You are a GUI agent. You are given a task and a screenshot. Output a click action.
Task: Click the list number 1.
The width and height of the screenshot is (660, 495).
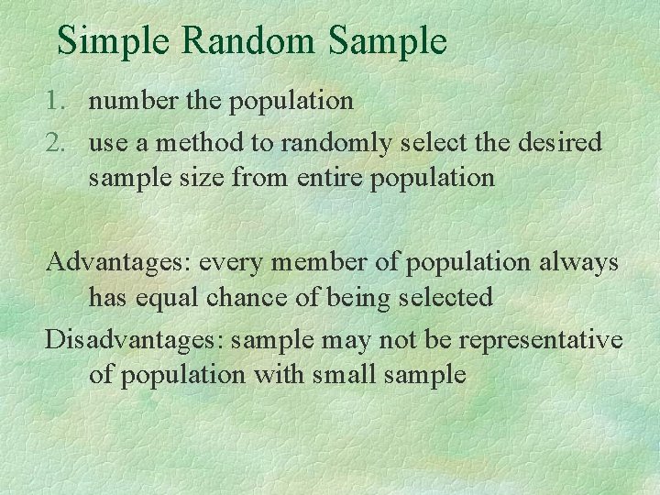click(54, 100)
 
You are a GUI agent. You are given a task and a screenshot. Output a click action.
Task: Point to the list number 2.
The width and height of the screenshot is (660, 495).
click(54, 142)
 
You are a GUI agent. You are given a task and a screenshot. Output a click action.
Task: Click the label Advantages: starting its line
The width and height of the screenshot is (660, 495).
click(118, 262)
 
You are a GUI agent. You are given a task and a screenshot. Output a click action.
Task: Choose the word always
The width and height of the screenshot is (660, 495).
click(580, 263)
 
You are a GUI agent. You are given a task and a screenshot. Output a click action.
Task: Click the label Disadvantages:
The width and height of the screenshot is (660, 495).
click(135, 340)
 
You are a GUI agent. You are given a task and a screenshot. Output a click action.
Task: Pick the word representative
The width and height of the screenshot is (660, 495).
click(540, 341)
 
